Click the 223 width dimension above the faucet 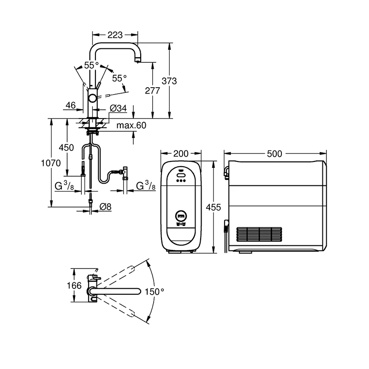(x=115, y=35)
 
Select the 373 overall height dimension (x=169, y=81)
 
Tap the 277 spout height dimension (x=153, y=90)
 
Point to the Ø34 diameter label (x=119, y=108)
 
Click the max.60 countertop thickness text (x=131, y=125)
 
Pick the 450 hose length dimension (x=66, y=148)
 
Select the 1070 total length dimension (x=51, y=163)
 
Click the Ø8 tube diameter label (x=106, y=207)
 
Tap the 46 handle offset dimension (x=71, y=106)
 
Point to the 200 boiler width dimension (x=181, y=154)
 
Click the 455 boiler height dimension (x=214, y=207)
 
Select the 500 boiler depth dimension (x=274, y=154)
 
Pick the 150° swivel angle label (x=155, y=292)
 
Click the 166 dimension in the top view (x=74, y=286)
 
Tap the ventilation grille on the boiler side (x=259, y=234)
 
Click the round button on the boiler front (x=181, y=215)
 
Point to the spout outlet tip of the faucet (x=137, y=62)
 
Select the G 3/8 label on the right (x=146, y=185)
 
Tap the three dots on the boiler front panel (x=181, y=181)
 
